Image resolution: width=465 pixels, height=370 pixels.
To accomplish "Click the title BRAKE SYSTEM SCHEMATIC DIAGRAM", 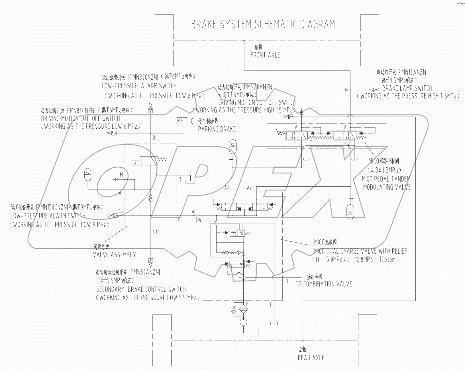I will pyautogui.click(x=263, y=24).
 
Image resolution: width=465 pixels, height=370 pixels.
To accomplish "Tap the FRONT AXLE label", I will pyautogui.click(x=265, y=55).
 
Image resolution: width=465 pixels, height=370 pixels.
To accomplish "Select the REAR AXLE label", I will pyautogui.click(x=311, y=358).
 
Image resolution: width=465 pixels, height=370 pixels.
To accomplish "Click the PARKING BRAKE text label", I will pyautogui.click(x=217, y=129).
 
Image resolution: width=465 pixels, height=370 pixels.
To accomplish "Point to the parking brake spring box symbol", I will pyautogui.click(x=181, y=121).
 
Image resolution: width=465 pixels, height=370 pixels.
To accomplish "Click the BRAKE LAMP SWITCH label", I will pyautogui.click(x=407, y=88).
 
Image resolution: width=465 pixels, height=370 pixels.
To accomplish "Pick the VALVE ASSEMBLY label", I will pyautogui.click(x=114, y=255).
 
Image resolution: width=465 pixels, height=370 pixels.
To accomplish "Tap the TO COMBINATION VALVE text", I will pyautogui.click(x=324, y=284).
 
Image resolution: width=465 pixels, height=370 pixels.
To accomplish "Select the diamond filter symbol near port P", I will pyautogui.click(x=243, y=309).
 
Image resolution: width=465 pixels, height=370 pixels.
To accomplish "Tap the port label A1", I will pyautogui.click(x=227, y=188).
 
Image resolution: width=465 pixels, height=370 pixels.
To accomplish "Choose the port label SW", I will pyautogui.click(x=198, y=220).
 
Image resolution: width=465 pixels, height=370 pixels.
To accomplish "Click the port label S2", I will pyautogui.click(x=121, y=211).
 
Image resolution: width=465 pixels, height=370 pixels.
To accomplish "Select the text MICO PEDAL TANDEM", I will pyautogui.click(x=386, y=179).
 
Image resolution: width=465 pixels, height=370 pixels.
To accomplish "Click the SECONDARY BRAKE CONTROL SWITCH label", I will pyautogui.click(x=141, y=290).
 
